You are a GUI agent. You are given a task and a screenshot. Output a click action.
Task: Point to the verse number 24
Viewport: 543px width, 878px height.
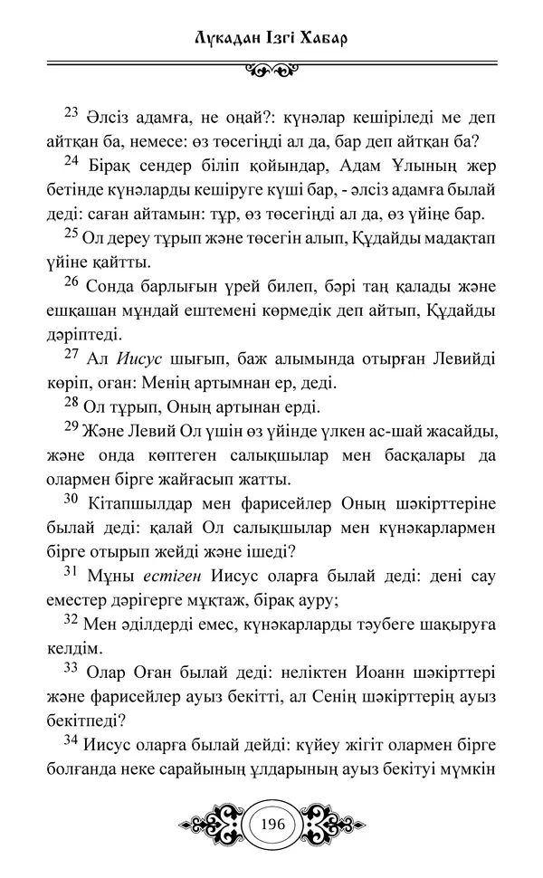(72, 161)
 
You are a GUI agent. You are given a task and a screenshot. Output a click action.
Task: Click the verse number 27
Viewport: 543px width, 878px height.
(72, 351)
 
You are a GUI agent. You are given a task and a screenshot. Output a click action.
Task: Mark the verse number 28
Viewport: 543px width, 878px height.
(72, 400)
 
